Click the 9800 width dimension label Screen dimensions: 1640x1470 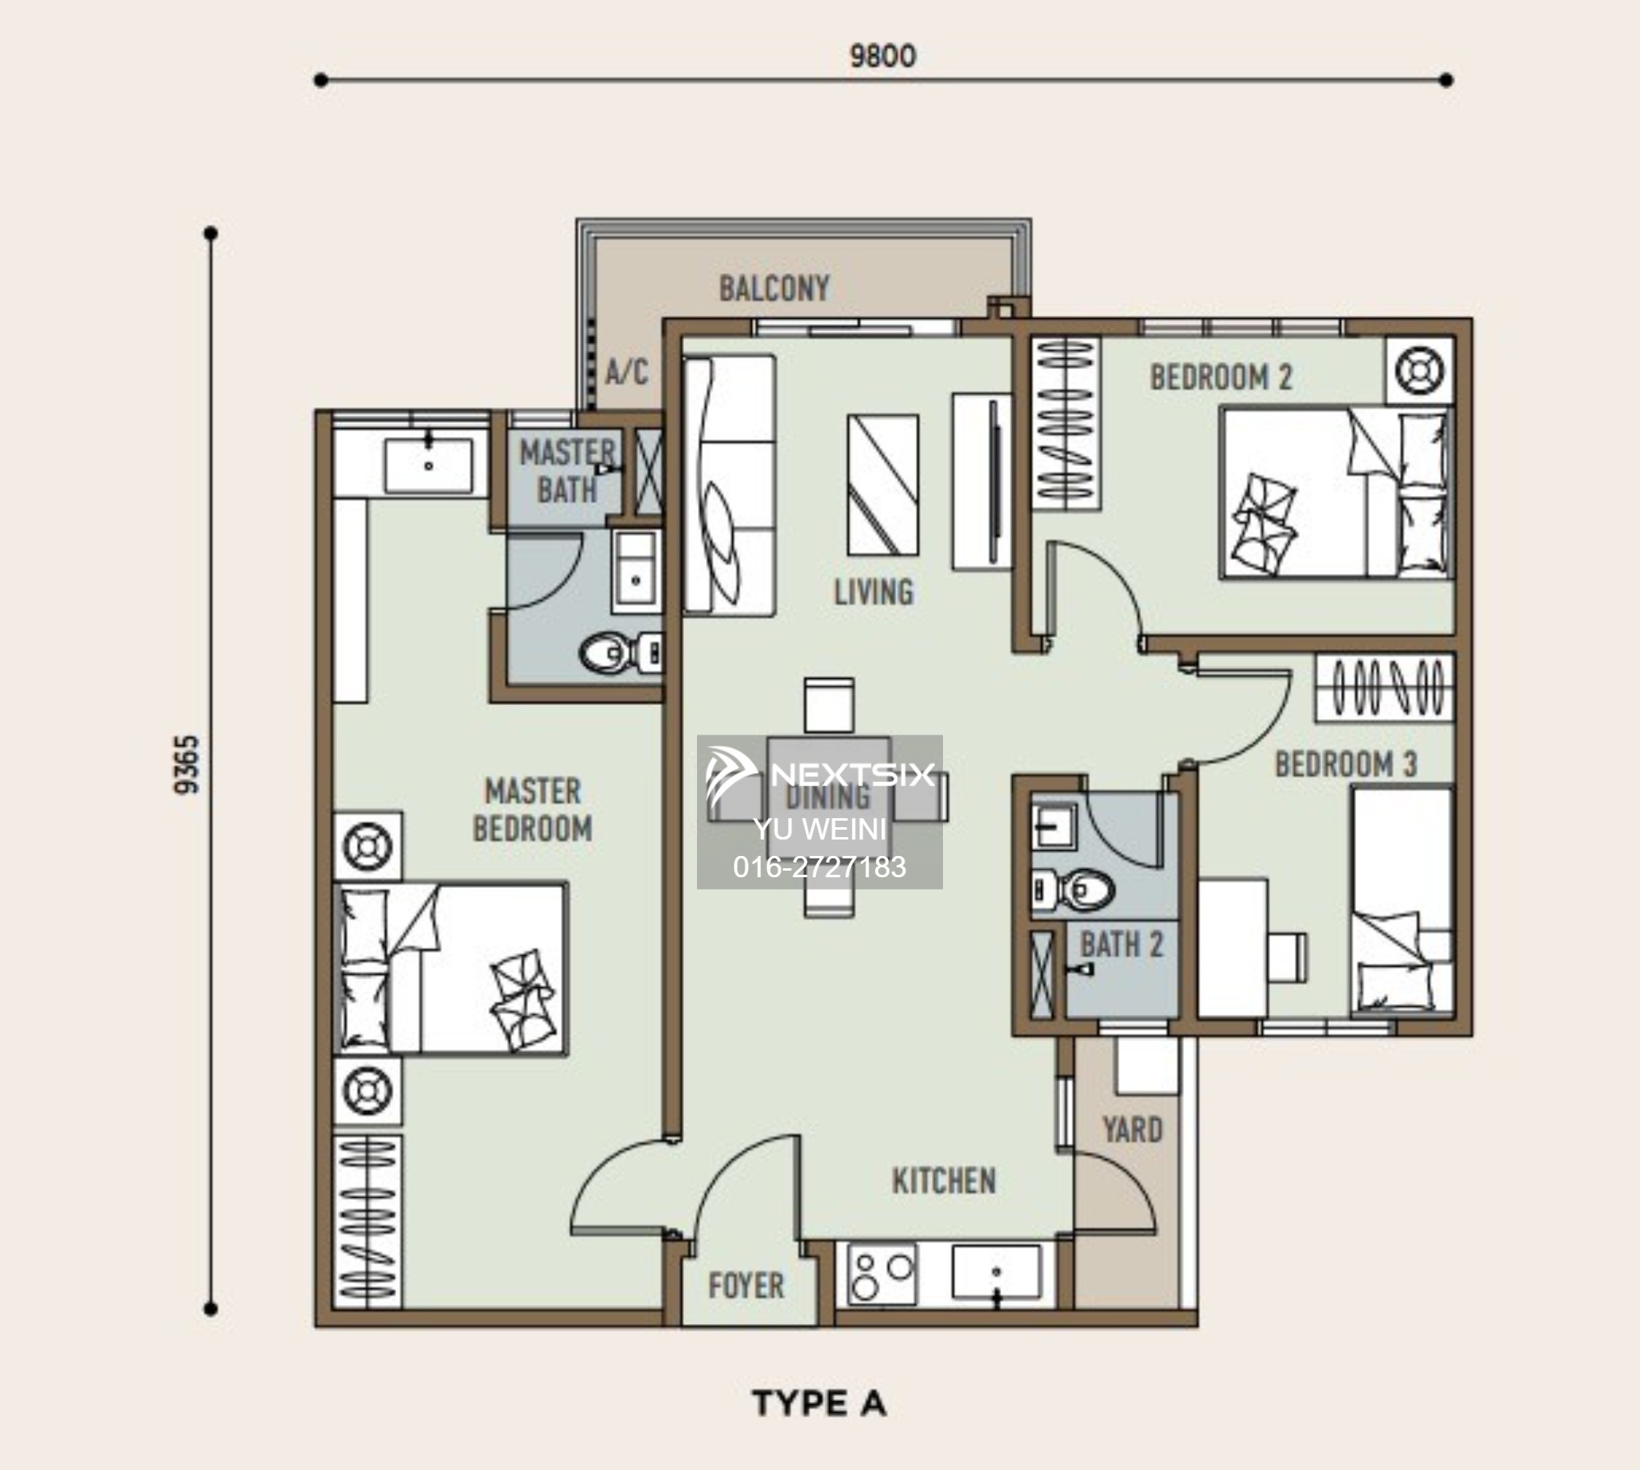click(882, 56)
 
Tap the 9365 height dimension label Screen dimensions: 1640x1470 click(186, 764)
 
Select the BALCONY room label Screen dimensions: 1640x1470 click(774, 289)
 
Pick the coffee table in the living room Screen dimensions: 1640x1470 click(882, 485)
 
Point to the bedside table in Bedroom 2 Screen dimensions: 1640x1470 click(1419, 371)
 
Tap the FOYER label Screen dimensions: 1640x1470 click(746, 1286)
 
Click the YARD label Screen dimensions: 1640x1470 click(1132, 1131)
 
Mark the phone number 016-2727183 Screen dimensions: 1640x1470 click(820, 867)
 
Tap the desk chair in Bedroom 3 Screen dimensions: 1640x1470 click(1287, 957)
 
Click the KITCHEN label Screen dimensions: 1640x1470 click(944, 1181)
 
